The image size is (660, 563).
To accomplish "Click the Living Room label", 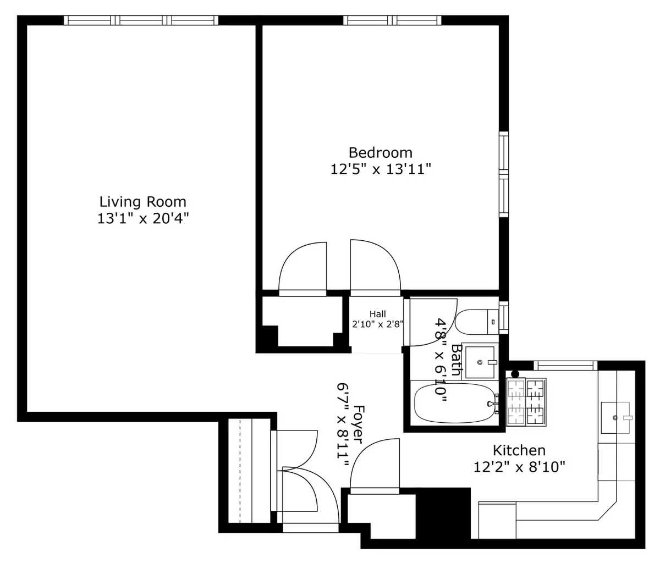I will click(142, 202).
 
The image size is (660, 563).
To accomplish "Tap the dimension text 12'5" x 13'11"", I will click(380, 170).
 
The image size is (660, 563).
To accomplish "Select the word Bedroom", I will click(380, 152).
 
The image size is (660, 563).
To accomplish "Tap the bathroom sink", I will click(480, 362).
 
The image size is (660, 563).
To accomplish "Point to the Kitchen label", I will click(519, 451).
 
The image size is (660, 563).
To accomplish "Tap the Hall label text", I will click(377, 314).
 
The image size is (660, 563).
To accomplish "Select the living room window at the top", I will click(141, 20).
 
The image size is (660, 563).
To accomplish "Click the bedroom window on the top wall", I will click(392, 20).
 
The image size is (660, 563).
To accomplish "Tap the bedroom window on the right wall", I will click(503, 174).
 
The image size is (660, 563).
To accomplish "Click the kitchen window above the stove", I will click(565, 365).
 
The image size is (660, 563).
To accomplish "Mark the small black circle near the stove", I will click(515, 374).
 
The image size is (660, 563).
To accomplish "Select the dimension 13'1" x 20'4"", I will click(142, 219).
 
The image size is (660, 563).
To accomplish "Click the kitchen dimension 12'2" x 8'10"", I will click(519, 467).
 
